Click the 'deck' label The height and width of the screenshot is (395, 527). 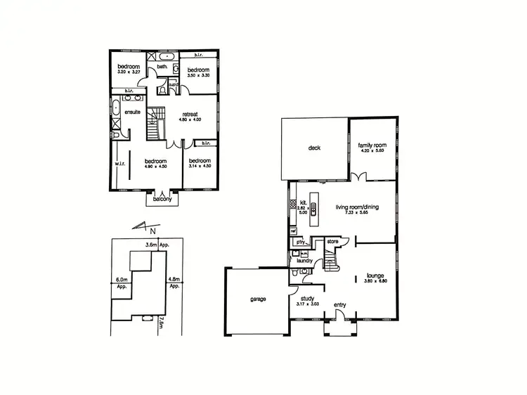point(313,148)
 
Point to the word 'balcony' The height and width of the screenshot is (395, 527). point(162,198)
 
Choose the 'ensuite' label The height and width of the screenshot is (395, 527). point(134,112)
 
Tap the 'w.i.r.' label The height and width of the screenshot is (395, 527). point(119,166)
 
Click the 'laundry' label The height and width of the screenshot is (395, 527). point(305,260)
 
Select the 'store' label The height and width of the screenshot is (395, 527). point(332,242)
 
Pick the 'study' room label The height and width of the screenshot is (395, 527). point(308,297)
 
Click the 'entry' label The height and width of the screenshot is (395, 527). point(340,304)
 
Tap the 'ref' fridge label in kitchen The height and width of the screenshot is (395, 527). point(293,231)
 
